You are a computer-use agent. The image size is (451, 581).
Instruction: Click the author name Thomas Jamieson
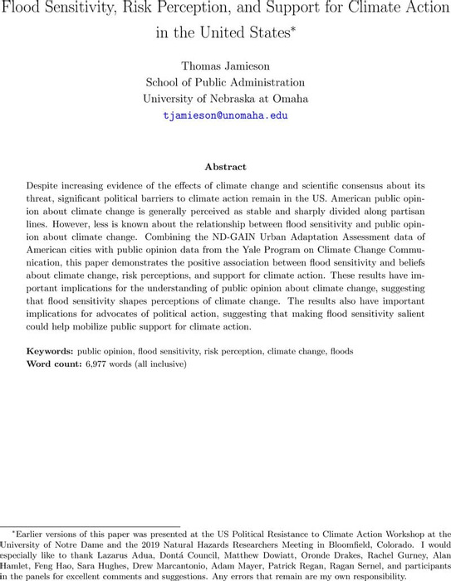[x=225, y=66]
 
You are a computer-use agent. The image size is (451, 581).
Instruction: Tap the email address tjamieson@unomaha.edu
[x=225, y=115]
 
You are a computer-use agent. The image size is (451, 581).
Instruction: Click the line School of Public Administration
[x=225, y=82]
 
